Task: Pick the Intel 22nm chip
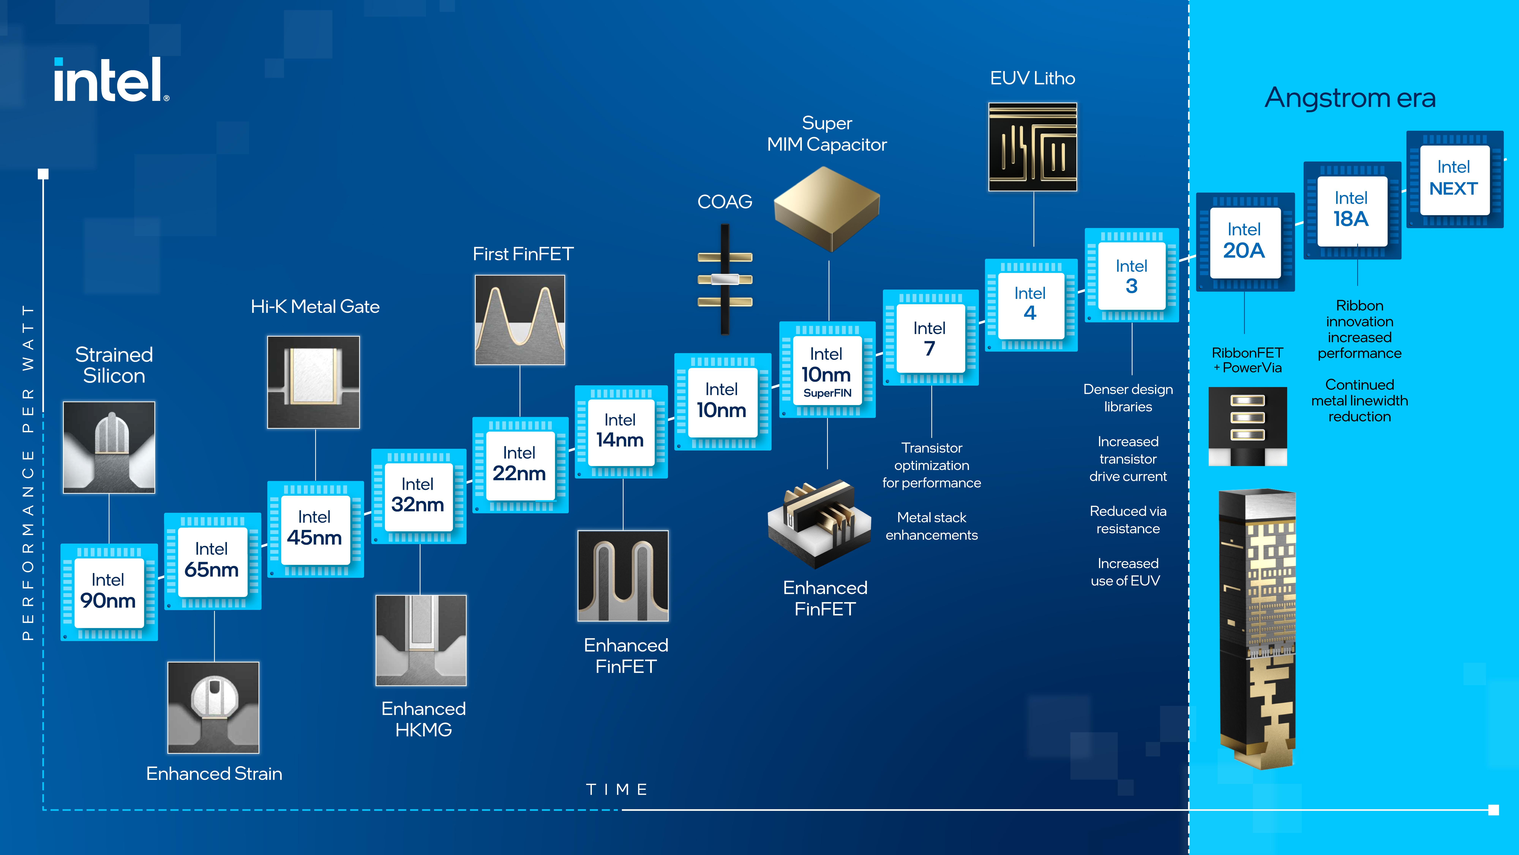519,464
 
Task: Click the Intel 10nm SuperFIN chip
827,370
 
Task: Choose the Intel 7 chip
930,338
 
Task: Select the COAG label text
725,202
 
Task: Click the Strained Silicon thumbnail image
109,447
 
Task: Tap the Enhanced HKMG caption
423,719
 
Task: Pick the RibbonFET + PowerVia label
1247,360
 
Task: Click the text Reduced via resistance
1127,520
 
